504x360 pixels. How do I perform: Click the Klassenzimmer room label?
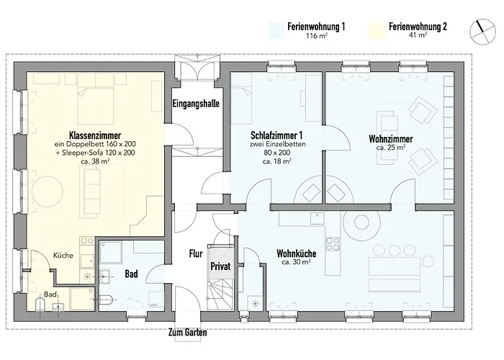coord(94,135)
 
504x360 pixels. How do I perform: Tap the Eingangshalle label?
coord(196,104)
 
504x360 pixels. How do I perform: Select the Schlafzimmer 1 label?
coord(276,135)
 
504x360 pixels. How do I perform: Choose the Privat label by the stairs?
coord(220,266)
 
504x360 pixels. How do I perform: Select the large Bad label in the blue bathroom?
coord(131,274)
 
